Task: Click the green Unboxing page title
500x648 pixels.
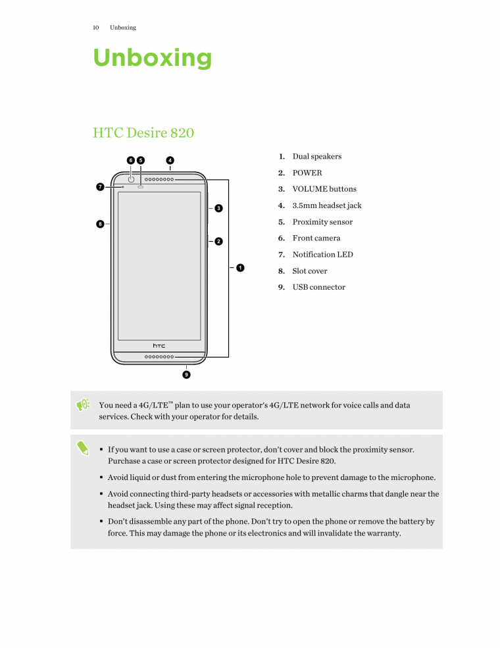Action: [x=152, y=58]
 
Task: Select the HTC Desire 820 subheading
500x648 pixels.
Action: [x=143, y=133]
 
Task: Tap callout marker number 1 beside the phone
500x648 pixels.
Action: [x=240, y=267]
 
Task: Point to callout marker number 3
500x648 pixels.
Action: [x=218, y=209]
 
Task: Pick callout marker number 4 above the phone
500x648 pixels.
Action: [x=170, y=160]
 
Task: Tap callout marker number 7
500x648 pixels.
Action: [x=100, y=187]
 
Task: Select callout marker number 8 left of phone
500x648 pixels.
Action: [x=100, y=224]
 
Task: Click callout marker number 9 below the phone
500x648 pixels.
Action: [x=186, y=375]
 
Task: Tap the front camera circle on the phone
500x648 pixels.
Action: [x=131, y=180]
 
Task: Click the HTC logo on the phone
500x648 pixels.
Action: [x=159, y=345]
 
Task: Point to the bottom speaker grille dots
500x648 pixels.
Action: [x=159, y=357]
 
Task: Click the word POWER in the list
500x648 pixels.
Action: [x=307, y=173]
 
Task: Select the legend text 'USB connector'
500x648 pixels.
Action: [x=318, y=287]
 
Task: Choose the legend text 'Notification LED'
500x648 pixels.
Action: [x=322, y=255]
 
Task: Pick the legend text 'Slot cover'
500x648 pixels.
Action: [x=309, y=271]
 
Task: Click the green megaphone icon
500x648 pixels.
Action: [x=83, y=406]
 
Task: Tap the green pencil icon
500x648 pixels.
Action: [x=83, y=448]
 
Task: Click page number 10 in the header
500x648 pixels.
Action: [x=95, y=28]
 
